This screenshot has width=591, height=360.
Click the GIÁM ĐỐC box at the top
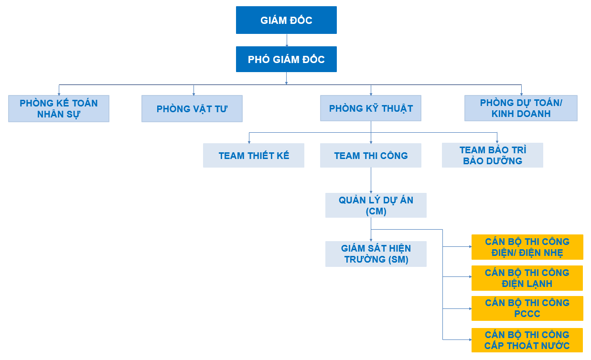coord(286,20)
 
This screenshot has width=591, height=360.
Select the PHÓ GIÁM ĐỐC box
coord(286,59)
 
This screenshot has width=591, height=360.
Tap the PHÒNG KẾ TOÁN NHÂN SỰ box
coord(59,109)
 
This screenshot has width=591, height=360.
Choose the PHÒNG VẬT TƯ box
coord(192,109)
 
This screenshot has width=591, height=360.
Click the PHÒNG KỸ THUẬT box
coord(371,108)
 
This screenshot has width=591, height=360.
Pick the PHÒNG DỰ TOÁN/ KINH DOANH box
coord(521,108)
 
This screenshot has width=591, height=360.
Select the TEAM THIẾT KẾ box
coord(254,155)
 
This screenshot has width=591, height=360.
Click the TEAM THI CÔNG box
coord(371,155)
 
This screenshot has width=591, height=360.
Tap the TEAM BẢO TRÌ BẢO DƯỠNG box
coord(493,155)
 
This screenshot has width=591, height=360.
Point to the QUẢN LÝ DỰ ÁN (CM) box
coord(376,205)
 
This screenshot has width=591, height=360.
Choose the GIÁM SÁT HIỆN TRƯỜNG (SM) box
coord(376,254)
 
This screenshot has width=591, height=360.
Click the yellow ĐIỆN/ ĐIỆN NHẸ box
coord(527,247)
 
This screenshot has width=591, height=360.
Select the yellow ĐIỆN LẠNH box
coord(527,278)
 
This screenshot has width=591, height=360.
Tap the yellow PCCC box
coord(527,308)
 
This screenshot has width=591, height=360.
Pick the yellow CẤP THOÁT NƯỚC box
coord(527,340)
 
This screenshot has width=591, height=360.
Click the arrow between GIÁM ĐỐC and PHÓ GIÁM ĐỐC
coord(287,41)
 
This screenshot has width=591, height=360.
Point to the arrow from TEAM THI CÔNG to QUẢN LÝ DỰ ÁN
coord(371,180)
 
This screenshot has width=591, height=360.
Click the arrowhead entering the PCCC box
coord(471,308)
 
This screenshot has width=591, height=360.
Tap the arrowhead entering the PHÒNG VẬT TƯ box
coord(193,94)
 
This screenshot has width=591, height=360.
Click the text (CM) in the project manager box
coord(376,211)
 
